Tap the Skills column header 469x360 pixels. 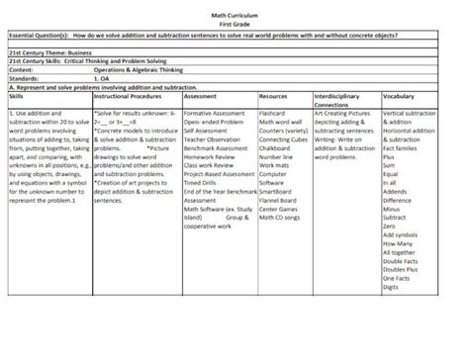click(x=17, y=96)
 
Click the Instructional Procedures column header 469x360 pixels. click(x=128, y=96)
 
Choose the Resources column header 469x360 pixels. click(x=273, y=96)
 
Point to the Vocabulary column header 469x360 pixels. click(x=399, y=96)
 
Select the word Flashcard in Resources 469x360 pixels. click(x=272, y=114)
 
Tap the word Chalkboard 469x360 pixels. click(x=275, y=147)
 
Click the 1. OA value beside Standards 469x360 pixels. click(x=103, y=78)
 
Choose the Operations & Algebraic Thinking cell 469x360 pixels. click(x=140, y=70)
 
